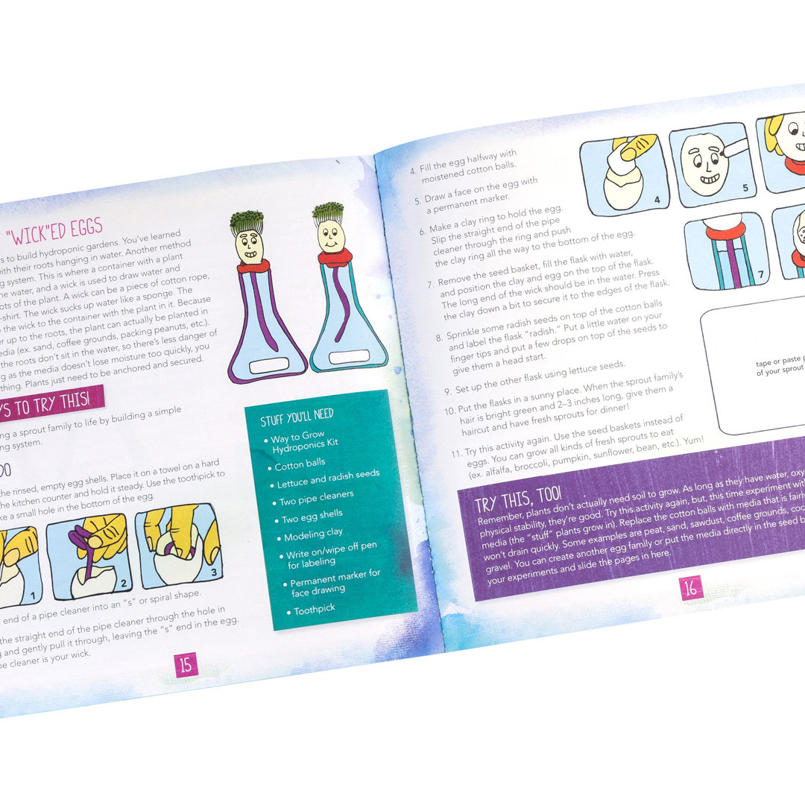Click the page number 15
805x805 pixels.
(x=185, y=664)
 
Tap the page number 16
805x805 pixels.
(x=689, y=587)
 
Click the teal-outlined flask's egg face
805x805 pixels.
(x=330, y=236)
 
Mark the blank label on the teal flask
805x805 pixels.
(x=350, y=357)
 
